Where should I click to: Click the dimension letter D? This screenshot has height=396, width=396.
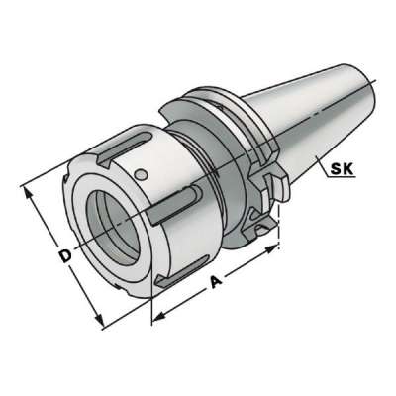[64, 257]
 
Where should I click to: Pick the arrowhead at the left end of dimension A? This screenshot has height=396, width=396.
[156, 317]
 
